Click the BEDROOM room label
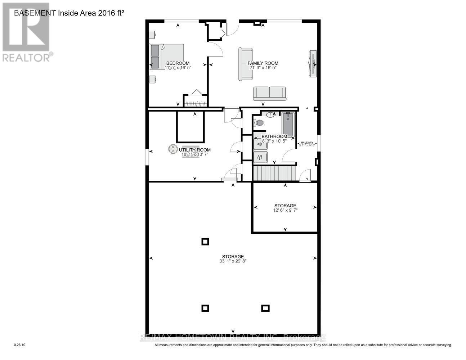click(x=178, y=63)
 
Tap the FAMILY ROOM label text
click(x=263, y=63)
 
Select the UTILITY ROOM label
click(x=195, y=150)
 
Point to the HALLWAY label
click(x=307, y=143)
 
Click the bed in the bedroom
click(x=167, y=57)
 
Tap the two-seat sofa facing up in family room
click(x=269, y=93)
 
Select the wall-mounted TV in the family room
click(x=312, y=63)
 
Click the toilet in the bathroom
click(x=258, y=123)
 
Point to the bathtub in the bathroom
click(x=288, y=124)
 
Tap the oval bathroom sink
click(x=270, y=115)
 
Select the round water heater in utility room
click(x=173, y=148)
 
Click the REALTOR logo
click(x=26, y=32)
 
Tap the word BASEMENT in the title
click(x=35, y=13)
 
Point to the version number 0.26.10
click(x=20, y=345)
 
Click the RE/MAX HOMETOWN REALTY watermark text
click(x=233, y=338)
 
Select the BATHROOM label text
click(x=274, y=136)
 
